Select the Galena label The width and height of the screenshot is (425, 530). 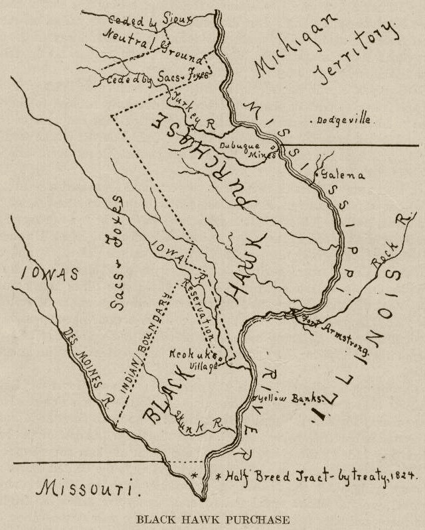(343, 176)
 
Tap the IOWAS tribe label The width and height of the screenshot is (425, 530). (49, 273)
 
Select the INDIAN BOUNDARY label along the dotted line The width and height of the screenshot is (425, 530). (146, 338)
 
